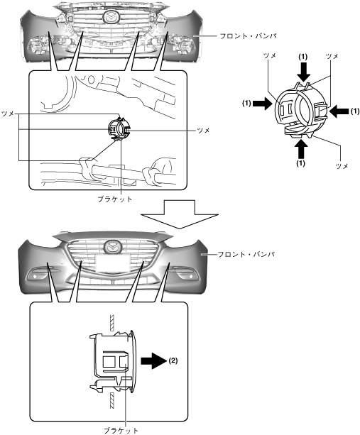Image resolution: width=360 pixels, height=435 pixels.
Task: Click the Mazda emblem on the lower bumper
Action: [113, 247]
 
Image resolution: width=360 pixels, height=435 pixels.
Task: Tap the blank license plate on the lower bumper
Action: [113, 263]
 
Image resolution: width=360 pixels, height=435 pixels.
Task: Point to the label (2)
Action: [173, 360]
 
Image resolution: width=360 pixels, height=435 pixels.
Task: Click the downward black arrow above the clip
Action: [303, 72]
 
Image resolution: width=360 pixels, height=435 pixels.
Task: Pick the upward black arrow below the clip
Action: [301, 149]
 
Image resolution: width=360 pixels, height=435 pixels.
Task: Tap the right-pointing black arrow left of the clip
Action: [263, 104]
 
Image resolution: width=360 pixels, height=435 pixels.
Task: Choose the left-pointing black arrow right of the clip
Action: [339, 111]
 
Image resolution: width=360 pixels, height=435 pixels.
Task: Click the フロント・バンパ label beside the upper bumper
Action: [248, 36]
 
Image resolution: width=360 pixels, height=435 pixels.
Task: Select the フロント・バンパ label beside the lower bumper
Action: [246, 254]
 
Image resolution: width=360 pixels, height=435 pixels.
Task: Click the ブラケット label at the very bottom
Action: [121, 431]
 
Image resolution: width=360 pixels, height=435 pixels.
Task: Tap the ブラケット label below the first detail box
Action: [115, 199]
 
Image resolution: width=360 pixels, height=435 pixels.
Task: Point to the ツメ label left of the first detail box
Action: [8, 114]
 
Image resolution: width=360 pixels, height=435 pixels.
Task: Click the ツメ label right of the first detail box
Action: [203, 131]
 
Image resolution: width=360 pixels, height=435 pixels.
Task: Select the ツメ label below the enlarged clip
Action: [342, 166]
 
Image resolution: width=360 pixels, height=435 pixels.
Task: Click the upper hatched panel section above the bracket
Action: [112, 323]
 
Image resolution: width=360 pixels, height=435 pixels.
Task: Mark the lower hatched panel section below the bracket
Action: [112, 400]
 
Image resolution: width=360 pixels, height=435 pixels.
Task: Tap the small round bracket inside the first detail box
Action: [119, 129]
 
